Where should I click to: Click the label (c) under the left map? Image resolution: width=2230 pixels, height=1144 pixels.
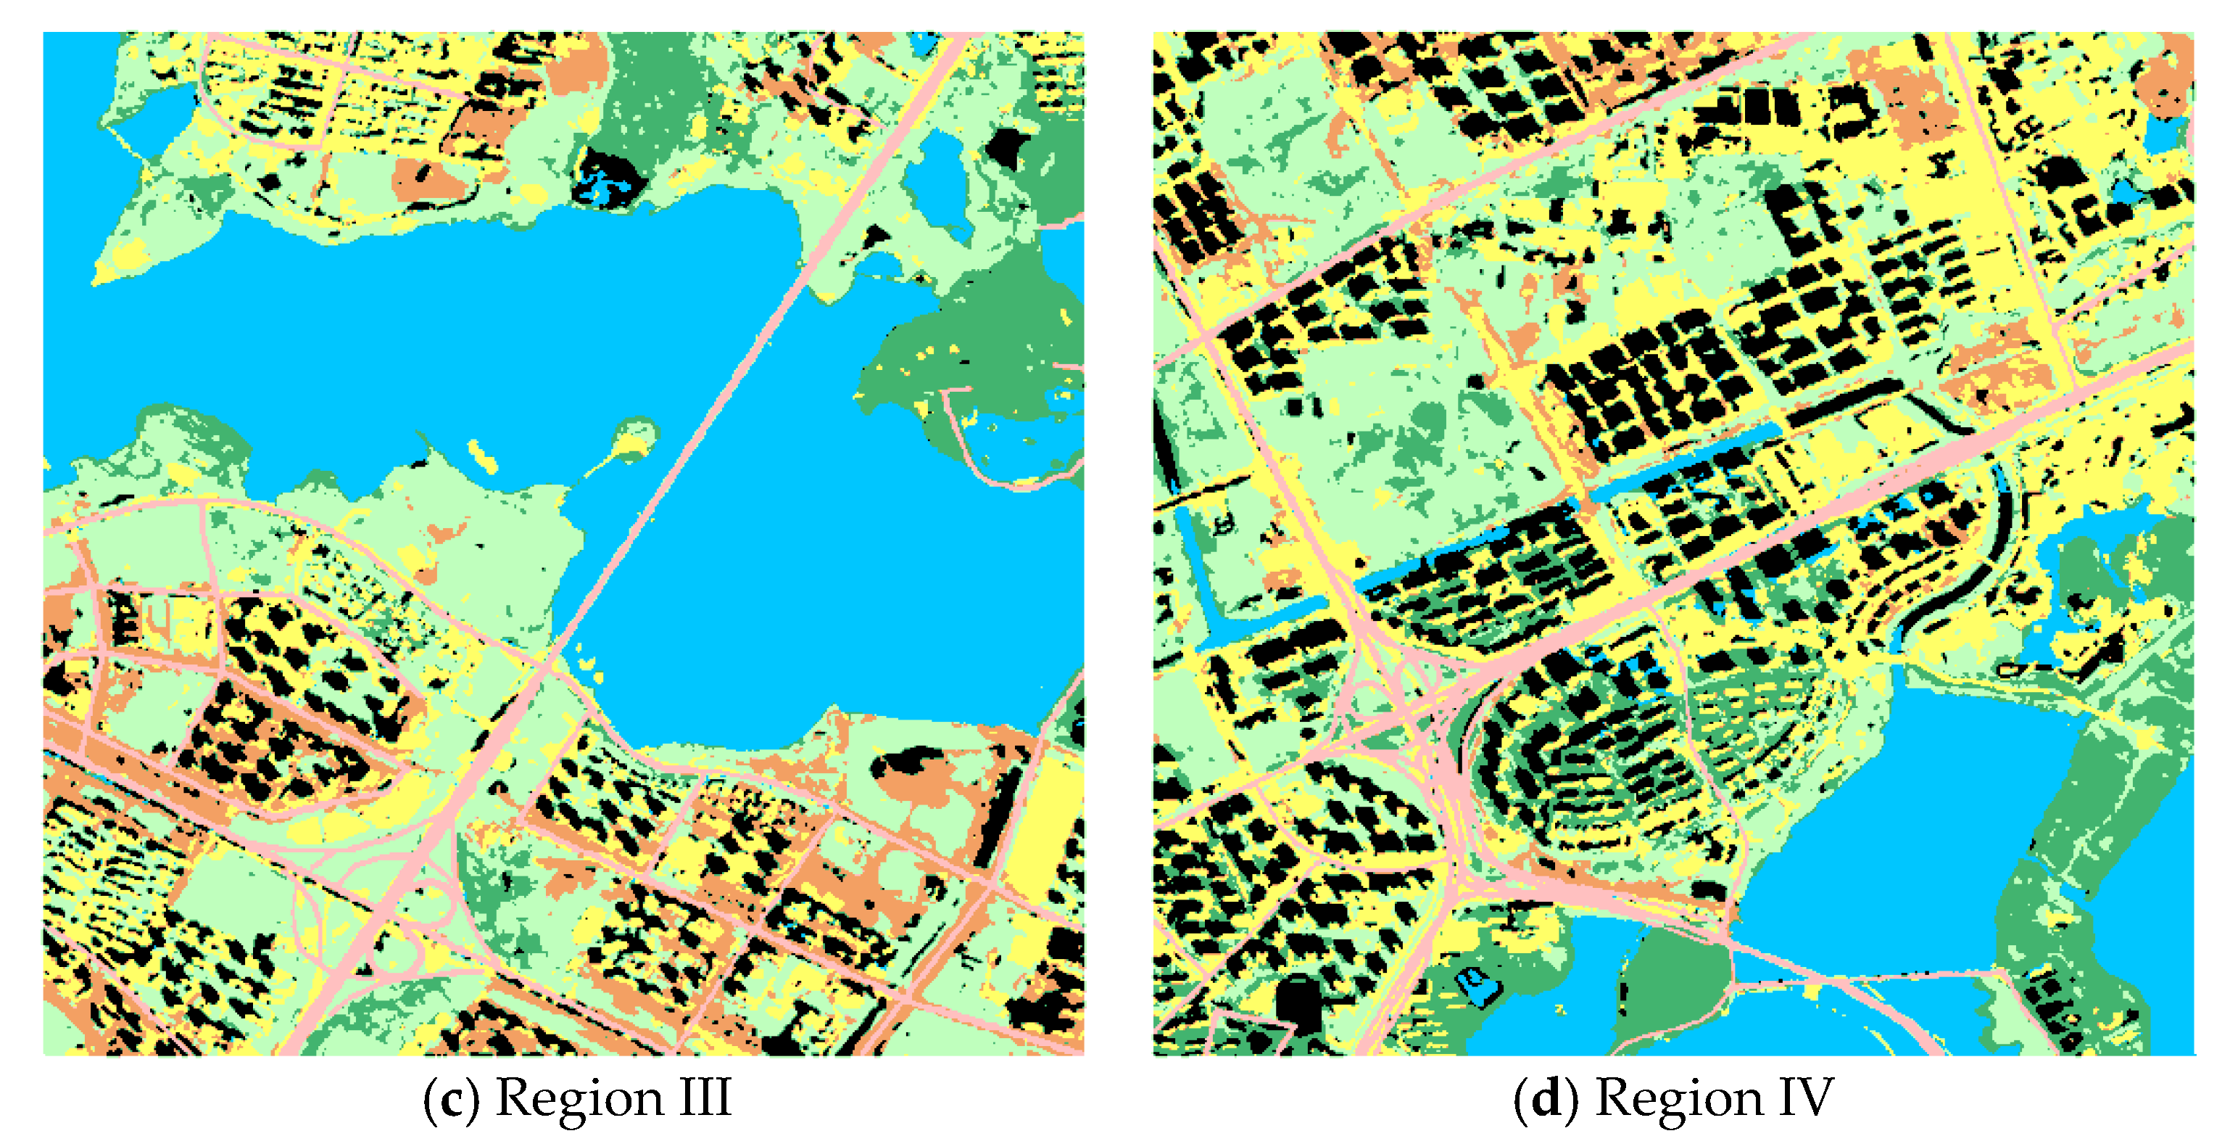point(451,1098)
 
